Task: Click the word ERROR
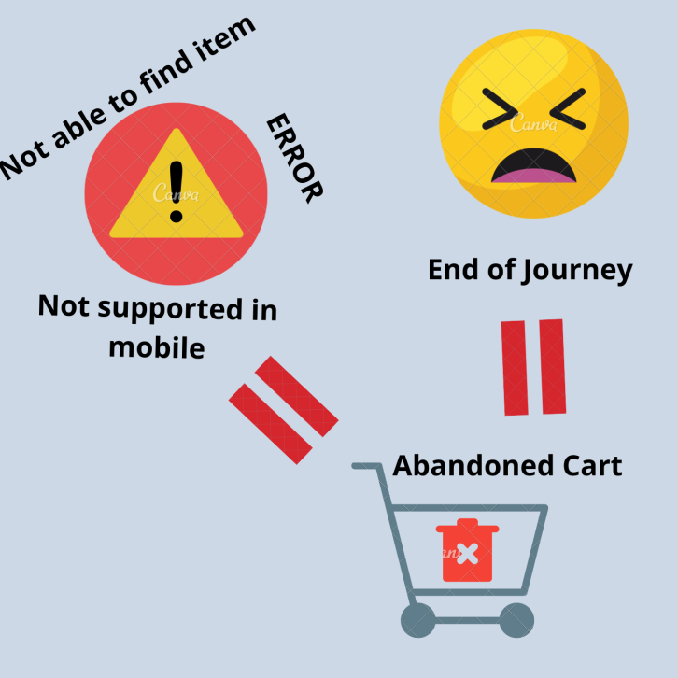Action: [294, 158]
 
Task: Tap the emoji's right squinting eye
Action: [565, 109]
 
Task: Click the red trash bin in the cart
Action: [468, 550]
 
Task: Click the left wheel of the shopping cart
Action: [417, 619]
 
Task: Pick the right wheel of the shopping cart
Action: [516, 619]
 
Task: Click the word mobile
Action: [157, 347]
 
